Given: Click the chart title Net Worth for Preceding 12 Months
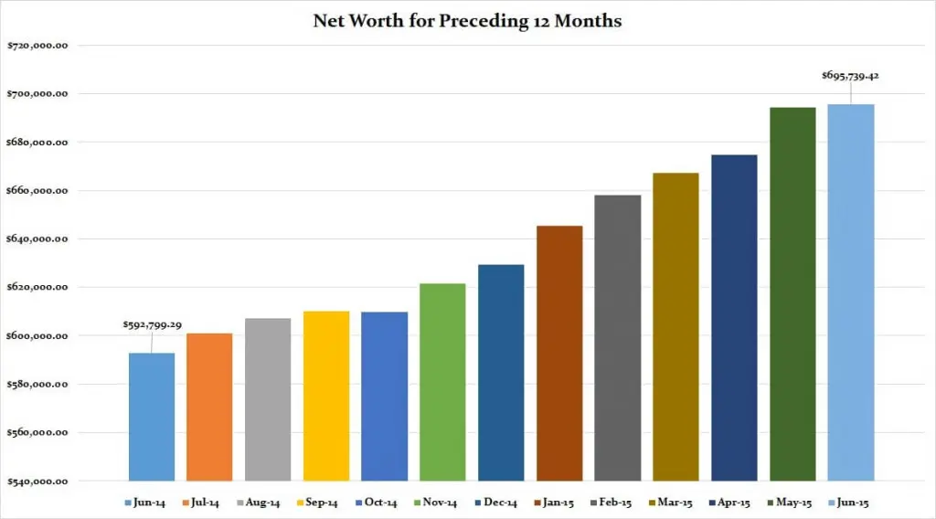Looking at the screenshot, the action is coord(467,21).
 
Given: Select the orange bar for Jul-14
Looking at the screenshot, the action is coord(209,407).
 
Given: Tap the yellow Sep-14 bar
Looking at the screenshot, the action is coord(326,397).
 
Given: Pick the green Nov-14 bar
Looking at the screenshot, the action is coord(442,382).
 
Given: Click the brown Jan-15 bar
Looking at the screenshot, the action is coord(559,354).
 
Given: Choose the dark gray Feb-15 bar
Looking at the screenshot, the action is coord(618,338).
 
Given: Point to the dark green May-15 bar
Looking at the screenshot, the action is coord(792,294).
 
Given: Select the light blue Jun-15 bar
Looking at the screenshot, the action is coord(851,293).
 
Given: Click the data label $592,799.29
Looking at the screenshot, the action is coord(153,324).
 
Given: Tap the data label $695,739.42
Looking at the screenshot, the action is coord(850,75).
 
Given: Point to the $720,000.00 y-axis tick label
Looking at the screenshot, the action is coord(37,46).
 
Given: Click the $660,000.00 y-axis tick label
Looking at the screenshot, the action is coord(37,191).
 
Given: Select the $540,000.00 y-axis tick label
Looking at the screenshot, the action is coord(37,482).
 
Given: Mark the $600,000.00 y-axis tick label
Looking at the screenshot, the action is coord(37,336).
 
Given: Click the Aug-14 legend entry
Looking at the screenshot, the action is coord(259,503).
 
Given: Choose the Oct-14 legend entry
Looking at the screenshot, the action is coord(376,503).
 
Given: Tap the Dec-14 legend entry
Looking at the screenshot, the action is coord(496,503).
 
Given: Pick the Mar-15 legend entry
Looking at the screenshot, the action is coord(670,503).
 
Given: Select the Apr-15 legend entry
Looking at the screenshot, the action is coord(729,503).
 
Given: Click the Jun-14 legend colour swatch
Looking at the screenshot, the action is coord(128,503).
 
